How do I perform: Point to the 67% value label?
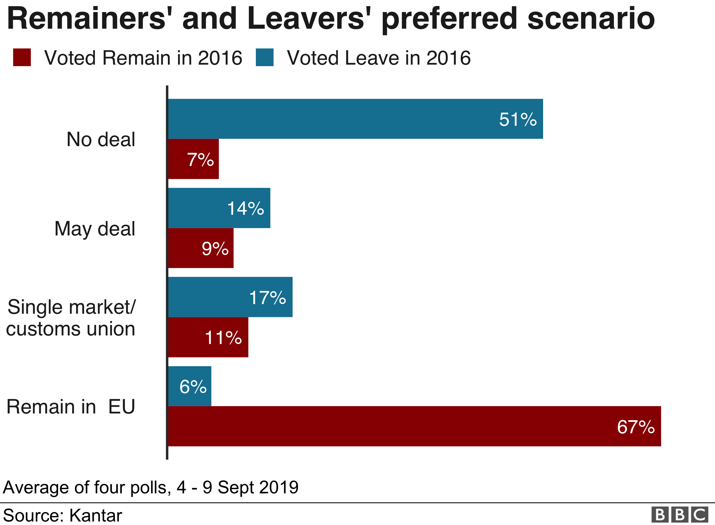pyautogui.click(x=636, y=427)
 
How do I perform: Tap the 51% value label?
pyautogui.click(x=518, y=120)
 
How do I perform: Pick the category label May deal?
pyautogui.click(x=95, y=228)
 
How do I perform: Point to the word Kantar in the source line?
pyautogui.click(x=95, y=515)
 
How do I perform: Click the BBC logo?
pyautogui.click(x=680, y=515)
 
